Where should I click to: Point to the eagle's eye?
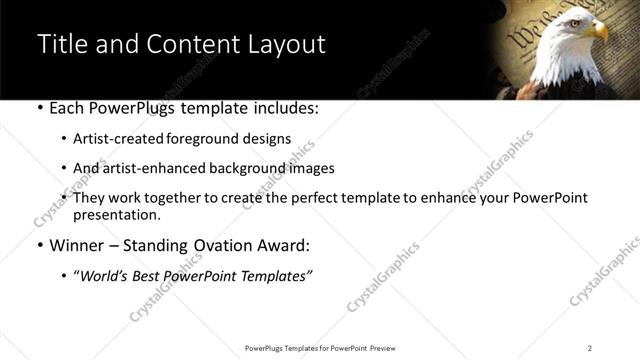coord(585,22)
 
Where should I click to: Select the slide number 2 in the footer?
coord(590,347)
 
